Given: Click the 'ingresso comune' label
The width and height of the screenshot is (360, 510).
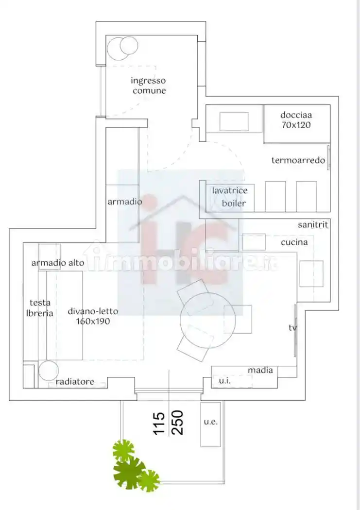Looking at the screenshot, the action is click(x=148, y=85).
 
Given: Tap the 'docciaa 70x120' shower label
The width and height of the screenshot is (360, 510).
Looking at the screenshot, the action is click(x=296, y=119).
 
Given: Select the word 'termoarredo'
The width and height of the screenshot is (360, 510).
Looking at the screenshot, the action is click(x=298, y=160).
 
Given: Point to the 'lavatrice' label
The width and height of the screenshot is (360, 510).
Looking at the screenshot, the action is click(x=230, y=190).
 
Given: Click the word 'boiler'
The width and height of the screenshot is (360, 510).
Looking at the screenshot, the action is click(x=234, y=204).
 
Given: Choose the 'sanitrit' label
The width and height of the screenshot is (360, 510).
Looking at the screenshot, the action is click(x=313, y=224).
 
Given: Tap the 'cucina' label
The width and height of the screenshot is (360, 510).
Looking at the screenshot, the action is click(x=294, y=242).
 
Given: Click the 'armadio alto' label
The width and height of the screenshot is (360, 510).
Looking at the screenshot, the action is click(x=58, y=262).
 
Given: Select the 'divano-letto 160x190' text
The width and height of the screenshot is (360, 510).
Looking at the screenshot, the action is click(x=93, y=316).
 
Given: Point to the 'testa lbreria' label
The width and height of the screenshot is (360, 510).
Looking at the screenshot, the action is click(x=40, y=308).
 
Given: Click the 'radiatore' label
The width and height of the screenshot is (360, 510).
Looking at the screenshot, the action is click(x=75, y=381).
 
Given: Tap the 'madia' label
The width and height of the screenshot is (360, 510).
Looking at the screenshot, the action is click(x=260, y=370).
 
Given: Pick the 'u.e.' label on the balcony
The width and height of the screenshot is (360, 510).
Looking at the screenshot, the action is click(x=211, y=422).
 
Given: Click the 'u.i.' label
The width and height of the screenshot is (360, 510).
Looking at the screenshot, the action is click(x=225, y=381).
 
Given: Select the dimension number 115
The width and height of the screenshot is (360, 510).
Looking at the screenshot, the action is click(x=159, y=424).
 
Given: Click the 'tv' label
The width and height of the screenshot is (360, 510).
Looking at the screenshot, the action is click(x=292, y=327).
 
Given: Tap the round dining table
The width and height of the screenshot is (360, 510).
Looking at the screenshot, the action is click(x=207, y=320).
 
